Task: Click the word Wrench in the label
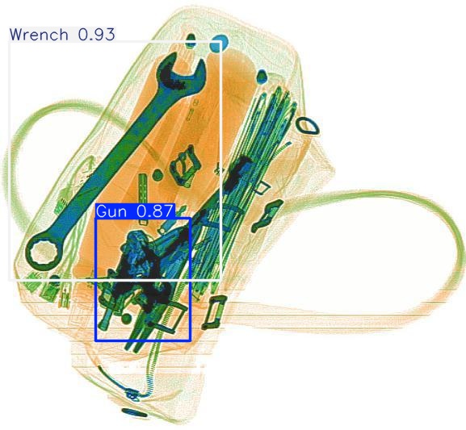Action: tap(40, 35)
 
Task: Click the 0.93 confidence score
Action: tap(95, 35)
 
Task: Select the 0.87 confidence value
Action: tap(154, 211)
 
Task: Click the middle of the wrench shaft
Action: tap(113, 161)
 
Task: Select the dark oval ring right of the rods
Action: tap(308, 126)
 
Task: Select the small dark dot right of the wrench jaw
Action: tap(261, 77)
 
